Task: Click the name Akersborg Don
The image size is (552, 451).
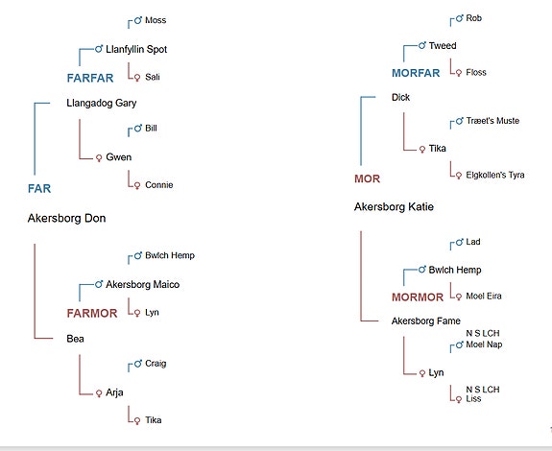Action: [66, 218]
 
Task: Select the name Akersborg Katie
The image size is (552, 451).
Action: [394, 207]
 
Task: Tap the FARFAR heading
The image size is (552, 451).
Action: [90, 78]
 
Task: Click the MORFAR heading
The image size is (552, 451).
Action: [416, 73]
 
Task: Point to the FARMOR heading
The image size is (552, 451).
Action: [92, 313]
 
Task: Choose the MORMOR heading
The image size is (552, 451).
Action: [418, 297]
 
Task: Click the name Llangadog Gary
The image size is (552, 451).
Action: [102, 103]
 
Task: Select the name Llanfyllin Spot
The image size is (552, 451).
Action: [136, 49]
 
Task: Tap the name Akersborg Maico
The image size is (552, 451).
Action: [143, 284]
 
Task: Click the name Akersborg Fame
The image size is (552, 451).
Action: [426, 320]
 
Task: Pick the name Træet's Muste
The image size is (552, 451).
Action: [492, 121]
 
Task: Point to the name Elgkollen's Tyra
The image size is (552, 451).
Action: [495, 175]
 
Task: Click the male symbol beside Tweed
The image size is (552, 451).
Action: [422, 45]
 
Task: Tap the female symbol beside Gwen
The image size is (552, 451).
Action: [99, 158]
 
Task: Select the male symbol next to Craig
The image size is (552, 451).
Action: [138, 363]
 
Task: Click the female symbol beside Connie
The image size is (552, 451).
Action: [137, 185]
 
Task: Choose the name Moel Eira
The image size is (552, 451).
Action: [483, 296]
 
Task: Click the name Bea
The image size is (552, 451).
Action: [75, 339]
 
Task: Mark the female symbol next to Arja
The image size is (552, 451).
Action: [99, 393]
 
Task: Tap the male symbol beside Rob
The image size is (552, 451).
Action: [460, 18]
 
